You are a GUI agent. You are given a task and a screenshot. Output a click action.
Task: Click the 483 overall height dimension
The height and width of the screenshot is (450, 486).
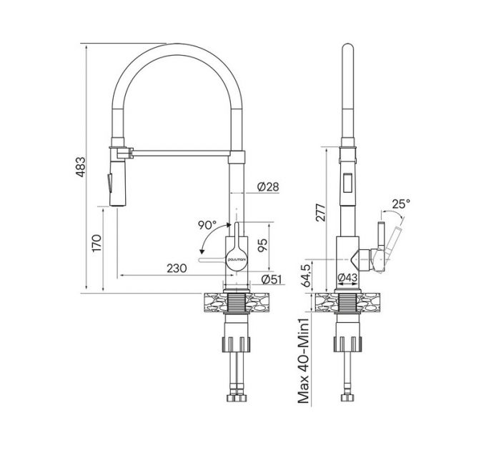(89, 169)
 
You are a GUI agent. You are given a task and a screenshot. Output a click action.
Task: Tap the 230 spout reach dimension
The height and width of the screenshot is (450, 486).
(177, 269)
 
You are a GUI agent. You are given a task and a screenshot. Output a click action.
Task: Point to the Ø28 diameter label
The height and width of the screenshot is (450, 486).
(267, 186)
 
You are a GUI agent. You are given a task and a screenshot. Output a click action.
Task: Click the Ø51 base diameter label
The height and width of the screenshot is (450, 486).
(270, 279)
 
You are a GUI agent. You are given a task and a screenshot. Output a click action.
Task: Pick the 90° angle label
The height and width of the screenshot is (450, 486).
(207, 224)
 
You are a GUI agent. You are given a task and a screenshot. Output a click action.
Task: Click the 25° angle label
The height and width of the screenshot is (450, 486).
(401, 203)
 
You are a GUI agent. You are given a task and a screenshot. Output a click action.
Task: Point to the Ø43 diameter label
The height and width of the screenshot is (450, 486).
(347, 278)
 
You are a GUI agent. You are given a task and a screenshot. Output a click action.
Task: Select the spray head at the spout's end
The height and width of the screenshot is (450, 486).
(112, 179)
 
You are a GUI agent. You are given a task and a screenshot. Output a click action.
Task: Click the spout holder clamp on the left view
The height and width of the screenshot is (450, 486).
(121, 152)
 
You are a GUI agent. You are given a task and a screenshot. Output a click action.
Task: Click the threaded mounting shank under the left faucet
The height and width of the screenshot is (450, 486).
(237, 304)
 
